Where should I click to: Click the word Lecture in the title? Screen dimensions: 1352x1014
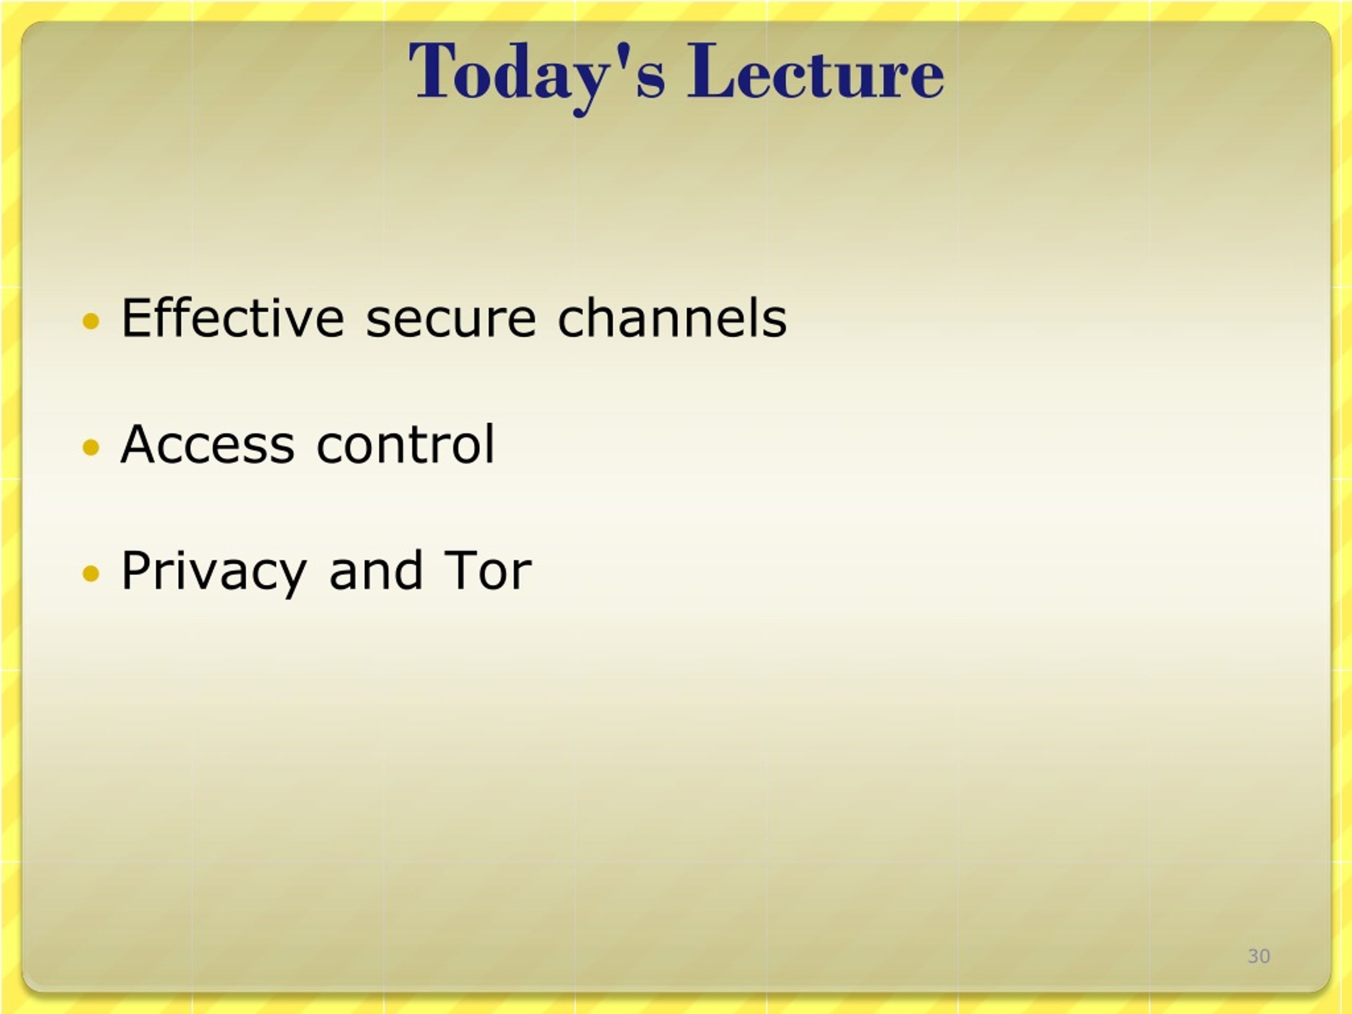coord(816,71)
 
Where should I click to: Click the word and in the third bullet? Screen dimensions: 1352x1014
coord(376,570)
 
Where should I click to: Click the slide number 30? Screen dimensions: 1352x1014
coord(1259,956)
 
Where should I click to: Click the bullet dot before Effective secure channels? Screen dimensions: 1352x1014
coord(90,321)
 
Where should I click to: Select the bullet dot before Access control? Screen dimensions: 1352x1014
coord(90,447)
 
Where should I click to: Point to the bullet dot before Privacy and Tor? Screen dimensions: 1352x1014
coord(90,574)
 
